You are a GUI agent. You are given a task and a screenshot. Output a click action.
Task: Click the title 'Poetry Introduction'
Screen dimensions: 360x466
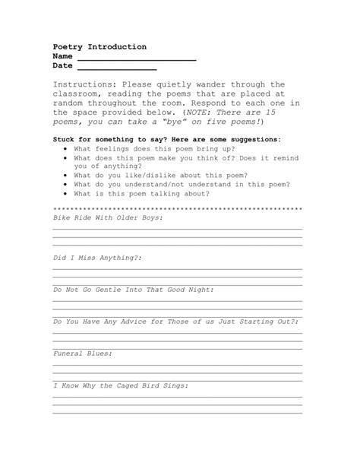(99, 47)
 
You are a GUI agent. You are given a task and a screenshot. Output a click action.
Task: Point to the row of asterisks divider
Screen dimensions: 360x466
(178, 208)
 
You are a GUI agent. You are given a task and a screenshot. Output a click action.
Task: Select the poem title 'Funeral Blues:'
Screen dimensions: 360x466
(83, 353)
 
